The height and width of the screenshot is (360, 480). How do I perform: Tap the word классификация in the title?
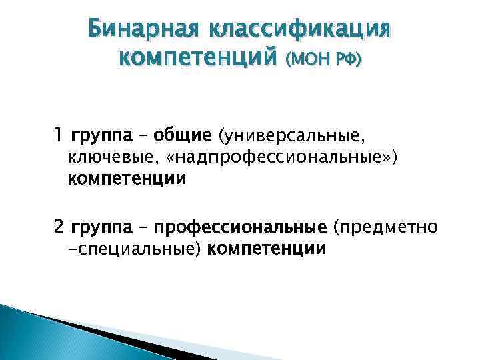click(300, 30)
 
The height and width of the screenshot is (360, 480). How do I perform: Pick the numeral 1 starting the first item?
click(59, 136)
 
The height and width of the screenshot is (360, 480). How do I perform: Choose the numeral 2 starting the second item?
click(59, 228)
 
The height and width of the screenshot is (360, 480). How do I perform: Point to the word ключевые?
click(107, 158)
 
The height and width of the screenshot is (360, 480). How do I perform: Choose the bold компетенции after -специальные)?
click(267, 250)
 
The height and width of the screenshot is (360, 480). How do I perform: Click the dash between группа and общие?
click(141, 136)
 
